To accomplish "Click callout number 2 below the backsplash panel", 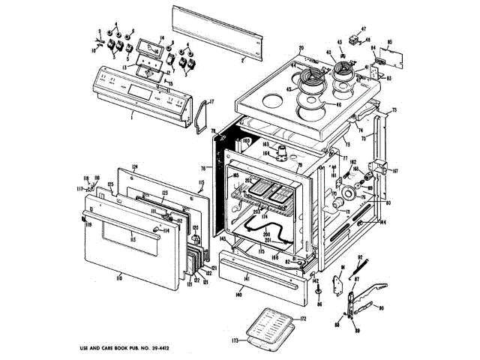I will click(x=242, y=58).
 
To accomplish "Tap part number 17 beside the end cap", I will click(x=211, y=101).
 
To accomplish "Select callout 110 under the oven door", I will click(x=119, y=277).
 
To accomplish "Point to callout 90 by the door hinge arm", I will click(x=381, y=308).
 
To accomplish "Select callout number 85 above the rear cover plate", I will click(x=389, y=43).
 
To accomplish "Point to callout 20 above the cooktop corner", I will click(x=301, y=49).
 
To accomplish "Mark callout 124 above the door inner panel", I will click(x=136, y=166).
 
